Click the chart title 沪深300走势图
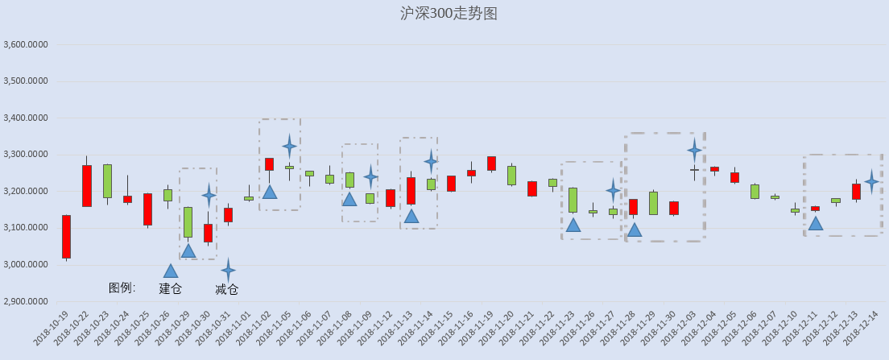click(x=449, y=14)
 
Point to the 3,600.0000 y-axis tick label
click(x=26, y=45)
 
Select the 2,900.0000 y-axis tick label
click(x=26, y=301)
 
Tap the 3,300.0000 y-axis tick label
click(x=26, y=155)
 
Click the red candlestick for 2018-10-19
click(x=66, y=237)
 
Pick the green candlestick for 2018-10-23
click(x=107, y=181)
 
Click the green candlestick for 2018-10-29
click(x=188, y=222)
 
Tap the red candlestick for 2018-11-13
click(x=411, y=191)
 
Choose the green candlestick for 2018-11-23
click(x=573, y=200)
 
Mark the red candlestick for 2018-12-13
click(x=856, y=192)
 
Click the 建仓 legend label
click(x=170, y=288)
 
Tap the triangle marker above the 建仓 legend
click(x=171, y=271)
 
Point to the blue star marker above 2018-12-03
click(x=694, y=151)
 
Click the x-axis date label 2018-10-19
click(x=52, y=329)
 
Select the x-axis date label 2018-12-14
click(x=862, y=329)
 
